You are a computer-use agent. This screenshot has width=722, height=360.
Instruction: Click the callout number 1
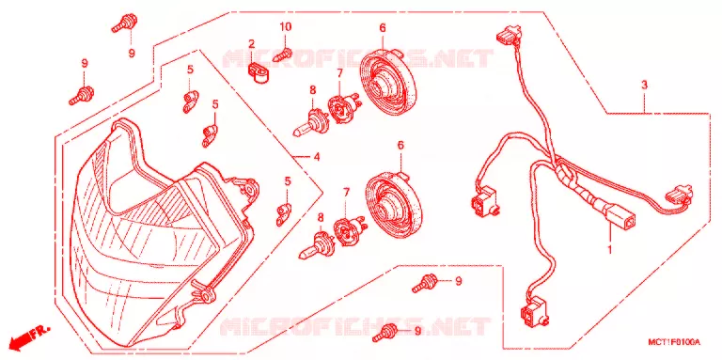pyautogui.click(x=610, y=250)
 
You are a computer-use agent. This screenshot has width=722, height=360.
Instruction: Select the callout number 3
pyautogui.click(x=644, y=85)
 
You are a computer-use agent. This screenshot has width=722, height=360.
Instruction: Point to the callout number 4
pyautogui.click(x=316, y=158)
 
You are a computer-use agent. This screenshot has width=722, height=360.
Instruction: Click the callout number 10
pyautogui.click(x=286, y=27)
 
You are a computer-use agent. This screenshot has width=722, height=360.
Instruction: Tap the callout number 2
pyautogui.click(x=251, y=44)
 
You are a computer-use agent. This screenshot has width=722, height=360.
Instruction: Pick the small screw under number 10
pyautogui.click(x=283, y=55)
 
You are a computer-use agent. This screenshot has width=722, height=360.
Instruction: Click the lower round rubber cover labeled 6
pyautogui.click(x=395, y=203)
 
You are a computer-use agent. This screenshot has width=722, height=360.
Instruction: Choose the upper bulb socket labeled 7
pyautogui.click(x=342, y=109)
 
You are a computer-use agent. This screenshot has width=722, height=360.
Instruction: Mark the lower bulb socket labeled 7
pyautogui.click(x=349, y=231)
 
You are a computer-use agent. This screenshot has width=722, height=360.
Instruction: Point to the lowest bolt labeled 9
pyautogui.click(x=386, y=333)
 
